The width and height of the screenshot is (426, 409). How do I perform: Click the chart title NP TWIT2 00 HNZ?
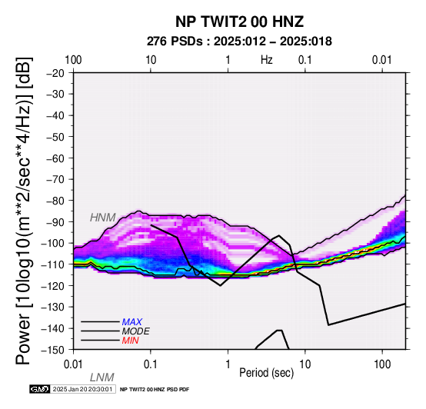(x=239, y=22)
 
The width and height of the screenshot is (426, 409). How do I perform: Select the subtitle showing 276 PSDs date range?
(x=239, y=42)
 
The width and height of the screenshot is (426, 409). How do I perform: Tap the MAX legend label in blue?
(x=131, y=322)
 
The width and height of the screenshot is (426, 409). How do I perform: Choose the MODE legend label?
(x=135, y=331)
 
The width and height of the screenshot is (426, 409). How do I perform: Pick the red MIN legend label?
(x=130, y=341)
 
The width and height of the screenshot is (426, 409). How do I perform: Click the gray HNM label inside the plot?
(x=103, y=218)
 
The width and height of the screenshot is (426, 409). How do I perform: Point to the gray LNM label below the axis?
(x=102, y=377)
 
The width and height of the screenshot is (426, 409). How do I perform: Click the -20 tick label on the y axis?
(x=55, y=73)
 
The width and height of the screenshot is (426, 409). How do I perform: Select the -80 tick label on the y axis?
(x=55, y=201)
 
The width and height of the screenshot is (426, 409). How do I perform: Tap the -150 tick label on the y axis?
(x=53, y=350)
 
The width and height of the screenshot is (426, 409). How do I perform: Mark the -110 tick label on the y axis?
(x=53, y=264)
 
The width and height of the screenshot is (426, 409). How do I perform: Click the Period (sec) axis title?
(x=267, y=373)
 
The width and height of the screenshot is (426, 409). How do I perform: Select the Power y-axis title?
(x=23, y=211)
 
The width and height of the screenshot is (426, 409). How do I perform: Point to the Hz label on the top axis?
(x=267, y=60)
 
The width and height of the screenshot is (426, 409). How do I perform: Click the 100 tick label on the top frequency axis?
(x=73, y=60)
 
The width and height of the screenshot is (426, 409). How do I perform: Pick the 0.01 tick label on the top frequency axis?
(x=382, y=60)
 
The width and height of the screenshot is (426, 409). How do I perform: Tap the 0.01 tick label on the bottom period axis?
(x=73, y=364)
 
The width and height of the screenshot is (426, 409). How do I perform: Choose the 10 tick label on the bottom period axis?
(x=305, y=364)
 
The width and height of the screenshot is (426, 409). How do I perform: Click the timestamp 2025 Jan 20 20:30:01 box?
(x=83, y=389)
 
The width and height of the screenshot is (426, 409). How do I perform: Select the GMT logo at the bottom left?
(x=40, y=389)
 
